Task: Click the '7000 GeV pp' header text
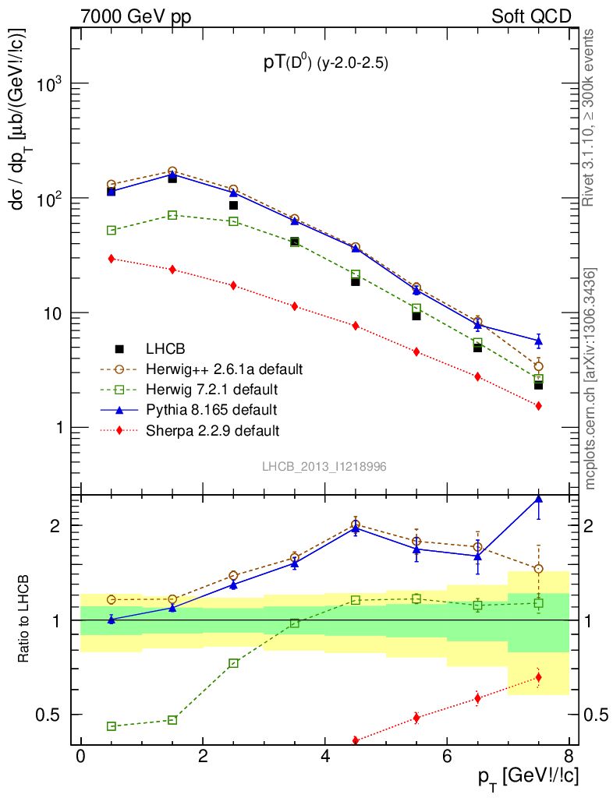point(141,16)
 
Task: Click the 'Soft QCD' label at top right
point(530,16)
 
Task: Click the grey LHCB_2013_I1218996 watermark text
point(324,466)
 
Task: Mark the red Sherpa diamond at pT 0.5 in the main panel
point(112,259)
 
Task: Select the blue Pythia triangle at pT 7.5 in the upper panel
point(538,341)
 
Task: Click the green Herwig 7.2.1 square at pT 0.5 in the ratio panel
point(112,726)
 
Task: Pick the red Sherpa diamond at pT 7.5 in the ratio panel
point(538,677)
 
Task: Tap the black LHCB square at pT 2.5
point(233,206)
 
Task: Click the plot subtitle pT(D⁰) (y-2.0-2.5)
point(324,65)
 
